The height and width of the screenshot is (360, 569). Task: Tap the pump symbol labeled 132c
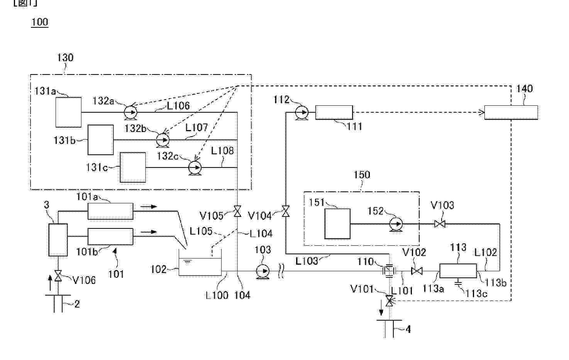point(195,167)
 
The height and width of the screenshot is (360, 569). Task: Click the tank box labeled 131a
point(68,112)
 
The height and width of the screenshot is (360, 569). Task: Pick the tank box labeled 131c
point(133,167)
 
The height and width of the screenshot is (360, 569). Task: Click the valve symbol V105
point(237,211)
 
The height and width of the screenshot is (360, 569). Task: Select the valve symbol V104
point(286,211)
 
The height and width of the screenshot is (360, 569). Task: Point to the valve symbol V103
point(440,224)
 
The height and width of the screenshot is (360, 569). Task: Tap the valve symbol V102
point(417,271)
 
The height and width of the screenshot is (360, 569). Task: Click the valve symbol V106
point(58,276)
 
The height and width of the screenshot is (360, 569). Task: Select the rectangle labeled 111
point(334,113)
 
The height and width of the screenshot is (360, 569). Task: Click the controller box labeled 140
point(511,113)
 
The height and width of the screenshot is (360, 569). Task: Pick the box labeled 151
point(337,224)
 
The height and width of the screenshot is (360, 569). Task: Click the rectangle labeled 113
point(458,271)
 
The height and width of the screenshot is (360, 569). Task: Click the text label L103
point(307,261)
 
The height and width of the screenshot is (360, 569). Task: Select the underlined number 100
point(40,22)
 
